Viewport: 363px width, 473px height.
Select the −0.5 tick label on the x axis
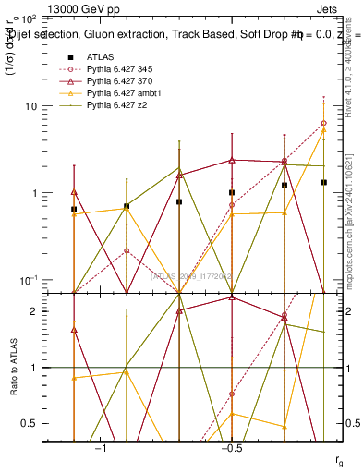(231, 448)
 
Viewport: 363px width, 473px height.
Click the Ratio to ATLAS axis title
(14, 369)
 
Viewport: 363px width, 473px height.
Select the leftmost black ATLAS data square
(74, 210)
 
